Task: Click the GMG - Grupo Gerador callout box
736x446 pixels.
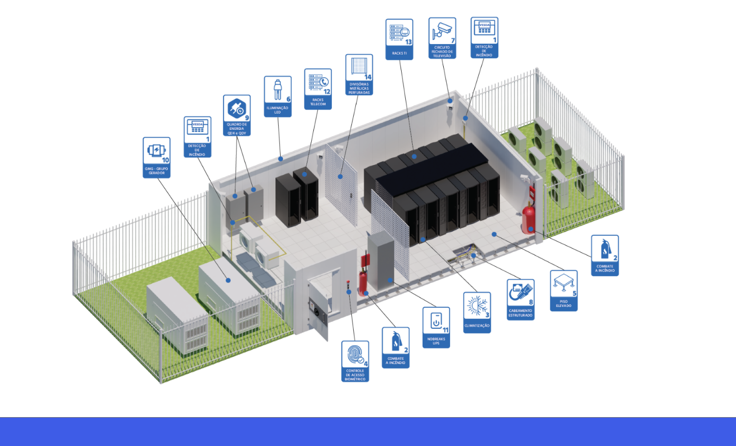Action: pyautogui.click(x=157, y=158)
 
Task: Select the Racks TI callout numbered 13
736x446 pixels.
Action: pyautogui.click(x=399, y=39)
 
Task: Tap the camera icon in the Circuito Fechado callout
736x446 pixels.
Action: pyautogui.click(x=442, y=31)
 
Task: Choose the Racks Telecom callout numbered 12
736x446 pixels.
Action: pyautogui.click(x=318, y=89)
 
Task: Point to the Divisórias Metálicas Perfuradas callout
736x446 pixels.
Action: pyautogui.click(x=359, y=75)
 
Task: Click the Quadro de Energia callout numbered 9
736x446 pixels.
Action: pyautogui.click(x=237, y=116)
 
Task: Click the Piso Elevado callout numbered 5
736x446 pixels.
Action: pyautogui.click(x=564, y=291)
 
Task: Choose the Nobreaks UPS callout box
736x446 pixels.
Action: pyautogui.click(x=436, y=327)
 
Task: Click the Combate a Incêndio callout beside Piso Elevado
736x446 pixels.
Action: pyautogui.click(x=605, y=255)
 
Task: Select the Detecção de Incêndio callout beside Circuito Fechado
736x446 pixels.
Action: pyautogui.click(x=484, y=37)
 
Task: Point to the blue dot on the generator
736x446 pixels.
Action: pyautogui.click(x=228, y=280)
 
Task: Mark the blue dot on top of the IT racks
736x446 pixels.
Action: pyautogui.click(x=414, y=156)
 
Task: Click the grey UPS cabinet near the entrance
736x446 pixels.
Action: pyautogui.click(x=381, y=260)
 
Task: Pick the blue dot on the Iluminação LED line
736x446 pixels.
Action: pyautogui.click(x=280, y=158)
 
